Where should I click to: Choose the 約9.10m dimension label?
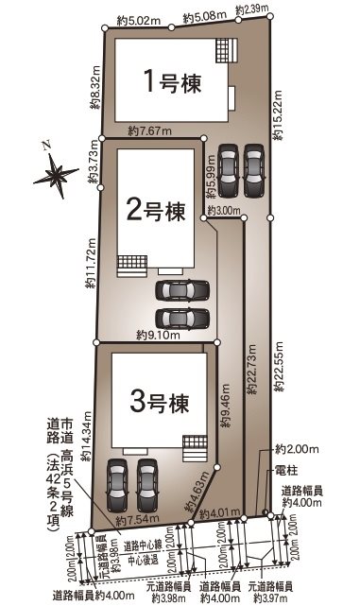pos(155,334)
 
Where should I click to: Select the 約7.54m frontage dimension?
pos(134,520)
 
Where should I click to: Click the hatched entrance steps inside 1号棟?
pos(223,48)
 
